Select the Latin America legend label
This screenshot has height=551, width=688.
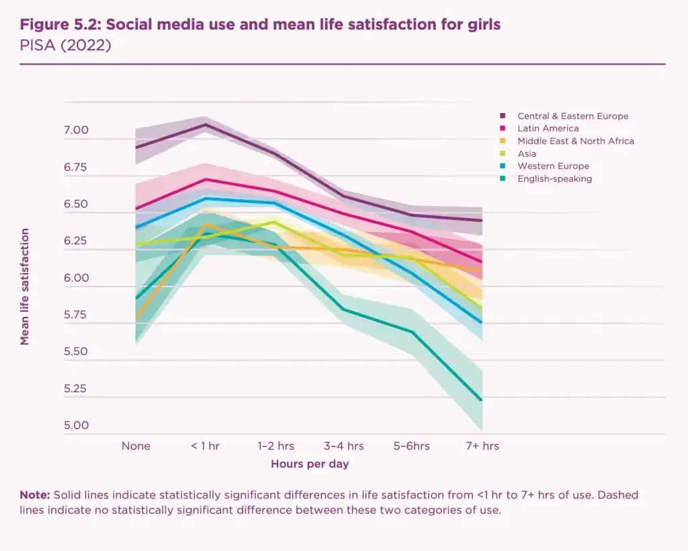(548, 128)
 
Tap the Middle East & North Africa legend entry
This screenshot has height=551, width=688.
(575, 141)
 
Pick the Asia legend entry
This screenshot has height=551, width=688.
(527, 154)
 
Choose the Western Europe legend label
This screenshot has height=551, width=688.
(553, 166)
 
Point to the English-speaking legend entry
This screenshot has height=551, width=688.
(554, 179)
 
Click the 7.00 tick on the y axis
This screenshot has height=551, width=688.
(76, 130)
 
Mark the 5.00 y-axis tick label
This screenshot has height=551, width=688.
(76, 425)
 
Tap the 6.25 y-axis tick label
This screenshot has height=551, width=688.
(76, 241)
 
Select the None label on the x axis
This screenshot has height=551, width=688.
(136, 446)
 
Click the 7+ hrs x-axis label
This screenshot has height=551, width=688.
(482, 446)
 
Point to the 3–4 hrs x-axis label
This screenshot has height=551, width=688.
(343, 446)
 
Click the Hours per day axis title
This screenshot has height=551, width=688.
(310, 464)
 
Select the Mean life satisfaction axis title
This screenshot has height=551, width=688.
(25, 287)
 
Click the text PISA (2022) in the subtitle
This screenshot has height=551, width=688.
(65, 46)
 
